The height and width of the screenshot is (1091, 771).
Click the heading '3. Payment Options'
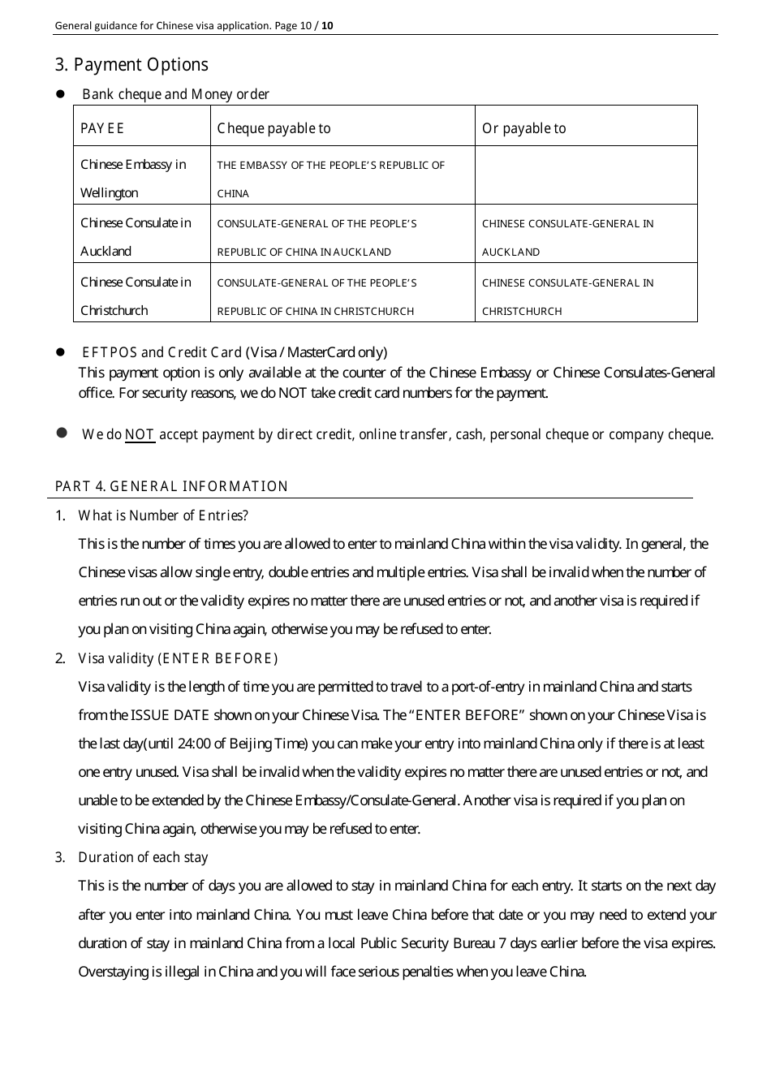tap(131, 65)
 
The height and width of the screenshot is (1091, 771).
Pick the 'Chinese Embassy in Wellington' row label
tap(133, 178)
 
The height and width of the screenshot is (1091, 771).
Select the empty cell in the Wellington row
tap(585, 175)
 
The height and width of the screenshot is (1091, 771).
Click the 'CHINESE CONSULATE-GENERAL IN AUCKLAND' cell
tap(567, 236)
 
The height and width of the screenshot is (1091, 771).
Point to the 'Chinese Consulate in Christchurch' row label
tap(136, 295)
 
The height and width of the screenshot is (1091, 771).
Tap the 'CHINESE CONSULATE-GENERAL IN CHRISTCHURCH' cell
tap(567, 295)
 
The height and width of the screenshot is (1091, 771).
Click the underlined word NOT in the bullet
tap(140, 434)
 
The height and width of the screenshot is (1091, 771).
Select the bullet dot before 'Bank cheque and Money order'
tap(60, 94)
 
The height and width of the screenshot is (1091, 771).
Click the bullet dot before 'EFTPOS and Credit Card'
tap(60, 352)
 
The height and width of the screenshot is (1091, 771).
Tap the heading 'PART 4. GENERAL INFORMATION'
tap(171, 486)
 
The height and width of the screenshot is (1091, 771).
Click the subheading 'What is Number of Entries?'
tap(163, 515)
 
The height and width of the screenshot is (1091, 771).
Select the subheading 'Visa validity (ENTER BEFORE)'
tap(178, 658)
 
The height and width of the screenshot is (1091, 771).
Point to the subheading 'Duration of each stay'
tap(143, 857)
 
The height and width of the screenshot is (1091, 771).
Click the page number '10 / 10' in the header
tap(317, 25)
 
